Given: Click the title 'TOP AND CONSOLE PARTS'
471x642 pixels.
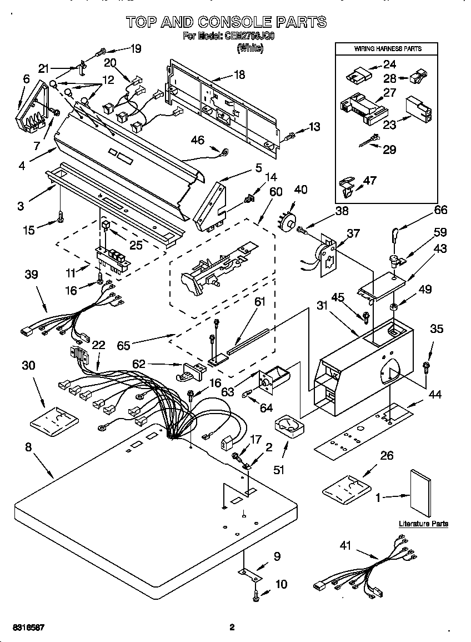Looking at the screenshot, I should point(226,22).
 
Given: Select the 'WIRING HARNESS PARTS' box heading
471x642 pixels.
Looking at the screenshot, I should point(388,49).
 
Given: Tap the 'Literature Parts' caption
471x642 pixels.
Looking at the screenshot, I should point(423,524).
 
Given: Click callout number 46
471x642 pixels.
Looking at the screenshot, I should point(198,140).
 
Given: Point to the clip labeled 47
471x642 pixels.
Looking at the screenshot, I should point(347,187).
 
